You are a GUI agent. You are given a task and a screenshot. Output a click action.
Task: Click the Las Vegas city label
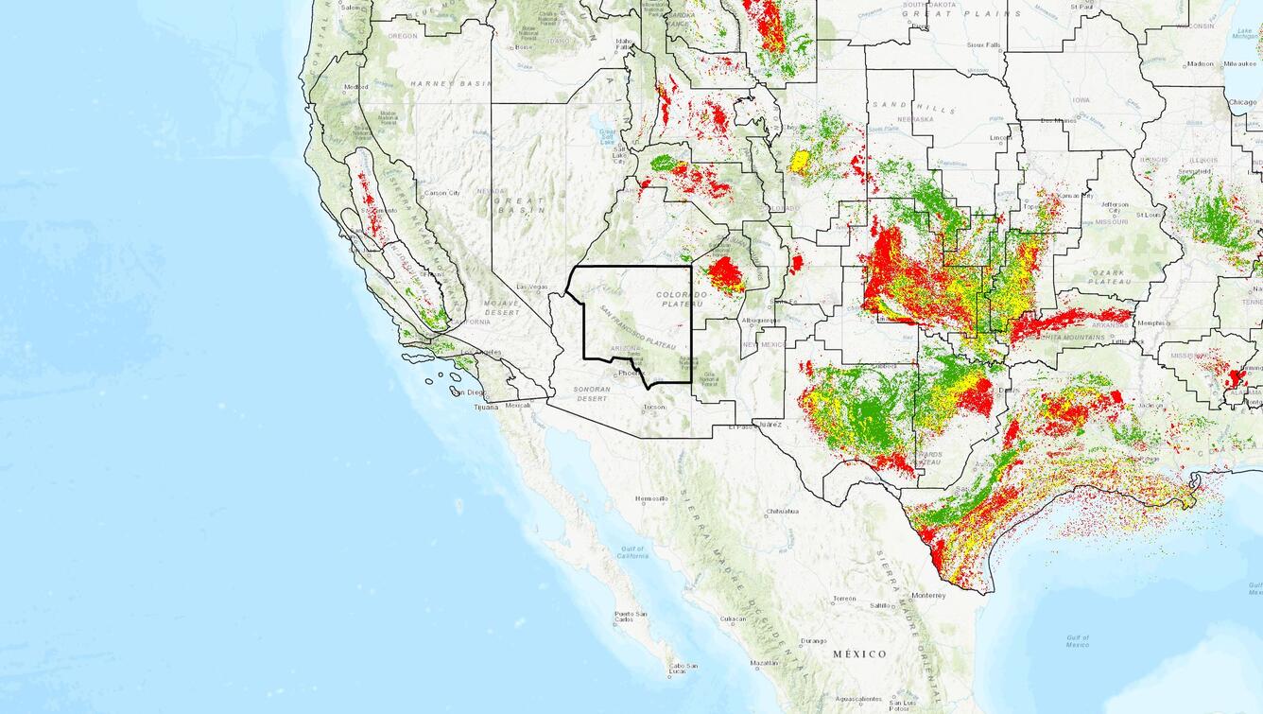click(533, 287)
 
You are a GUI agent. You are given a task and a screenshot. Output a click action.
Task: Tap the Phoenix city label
click(630, 373)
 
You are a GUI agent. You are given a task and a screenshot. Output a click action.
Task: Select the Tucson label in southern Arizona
click(654, 408)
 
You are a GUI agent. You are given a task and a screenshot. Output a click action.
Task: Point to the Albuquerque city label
click(763, 321)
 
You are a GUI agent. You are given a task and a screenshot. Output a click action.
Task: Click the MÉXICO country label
click(859, 653)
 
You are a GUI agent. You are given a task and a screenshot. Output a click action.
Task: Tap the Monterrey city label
click(928, 595)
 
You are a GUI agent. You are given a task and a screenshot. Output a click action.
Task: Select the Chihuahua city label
click(782, 511)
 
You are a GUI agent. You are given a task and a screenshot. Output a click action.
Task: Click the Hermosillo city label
click(651, 498)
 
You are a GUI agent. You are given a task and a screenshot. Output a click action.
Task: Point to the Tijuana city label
click(486, 407)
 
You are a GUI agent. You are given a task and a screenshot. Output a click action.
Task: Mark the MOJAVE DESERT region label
click(502, 307)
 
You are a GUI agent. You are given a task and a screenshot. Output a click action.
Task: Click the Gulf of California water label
click(632, 552)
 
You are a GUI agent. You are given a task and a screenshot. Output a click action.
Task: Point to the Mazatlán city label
click(765, 663)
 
